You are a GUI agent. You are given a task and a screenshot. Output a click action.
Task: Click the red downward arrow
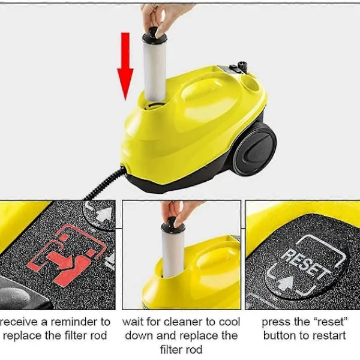[125, 67]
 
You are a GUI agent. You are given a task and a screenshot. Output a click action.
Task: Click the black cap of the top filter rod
[154, 35]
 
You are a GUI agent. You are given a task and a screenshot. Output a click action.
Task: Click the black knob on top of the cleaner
[242, 65]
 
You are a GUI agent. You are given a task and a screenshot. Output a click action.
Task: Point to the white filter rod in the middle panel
[173, 253]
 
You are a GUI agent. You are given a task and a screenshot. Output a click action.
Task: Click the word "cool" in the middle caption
[229, 322]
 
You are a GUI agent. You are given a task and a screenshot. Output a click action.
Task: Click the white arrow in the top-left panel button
[104, 214]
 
